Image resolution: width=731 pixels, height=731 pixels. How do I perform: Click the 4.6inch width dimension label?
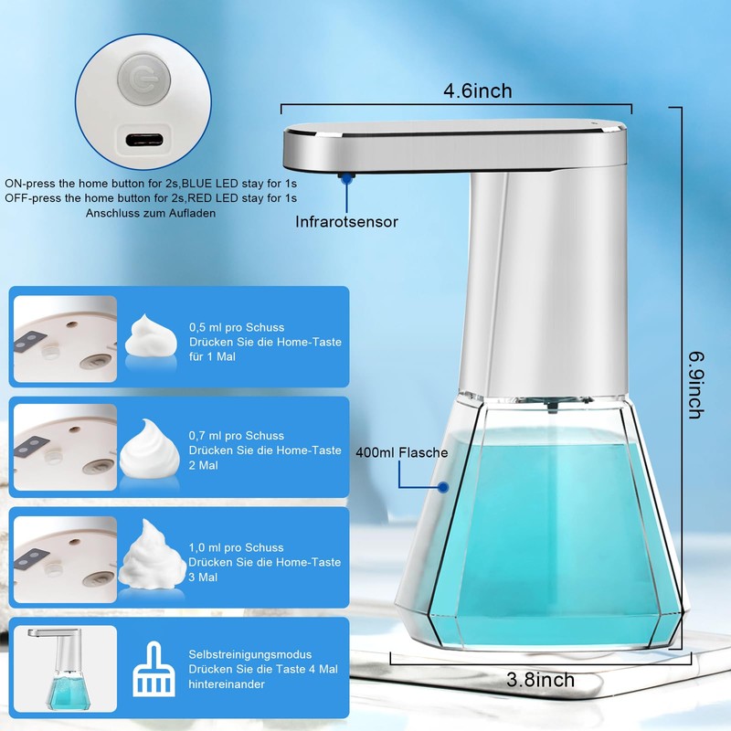coord(477,90)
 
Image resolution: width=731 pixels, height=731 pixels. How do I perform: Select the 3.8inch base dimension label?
coord(541,679)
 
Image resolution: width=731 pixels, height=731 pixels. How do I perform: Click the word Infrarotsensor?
coord(346,221)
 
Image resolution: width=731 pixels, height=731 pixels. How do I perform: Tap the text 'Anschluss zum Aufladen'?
coord(153,214)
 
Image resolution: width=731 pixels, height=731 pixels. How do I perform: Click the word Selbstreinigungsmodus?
coord(250,655)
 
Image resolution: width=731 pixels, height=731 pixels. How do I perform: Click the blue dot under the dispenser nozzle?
coord(346,180)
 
